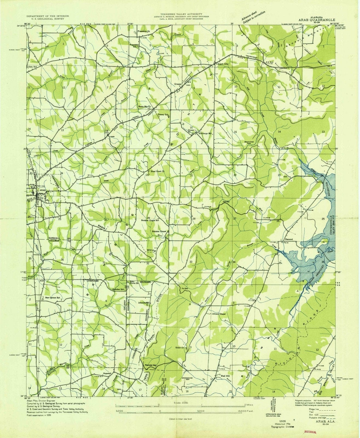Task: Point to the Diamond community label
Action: coord(289,239)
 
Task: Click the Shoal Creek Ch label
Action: coord(157,171)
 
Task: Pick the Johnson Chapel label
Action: coord(218,314)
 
